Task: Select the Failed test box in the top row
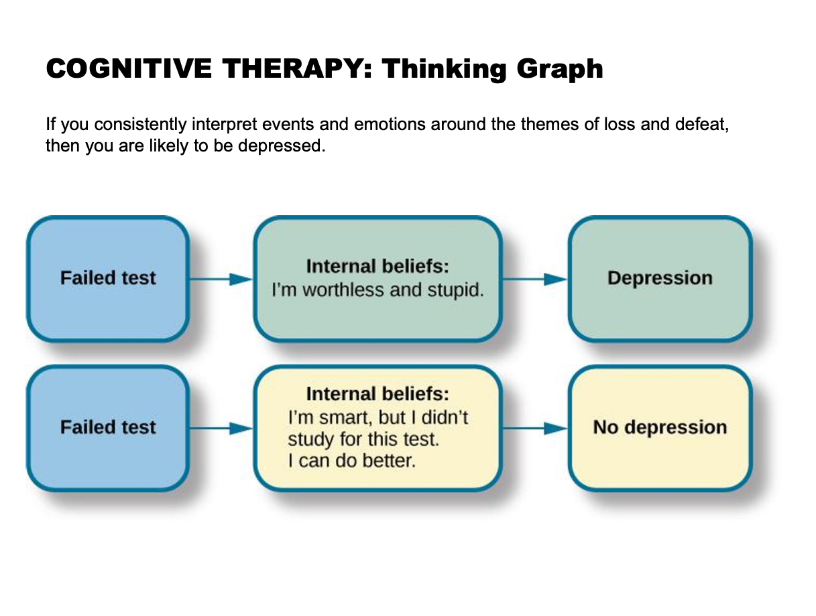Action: pyautogui.click(x=108, y=278)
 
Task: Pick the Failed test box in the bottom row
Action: pyautogui.click(x=108, y=428)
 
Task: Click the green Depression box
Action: pyautogui.click(x=660, y=278)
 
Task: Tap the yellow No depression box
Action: pyautogui.click(x=660, y=428)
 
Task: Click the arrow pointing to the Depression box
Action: pyautogui.click(x=535, y=279)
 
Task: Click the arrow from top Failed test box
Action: pyautogui.click(x=221, y=279)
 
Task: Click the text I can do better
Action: pyautogui.click(x=351, y=462)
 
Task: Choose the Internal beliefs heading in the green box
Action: pyautogui.click(x=377, y=267)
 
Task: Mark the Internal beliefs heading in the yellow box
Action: pyautogui.click(x=377, y=393)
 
